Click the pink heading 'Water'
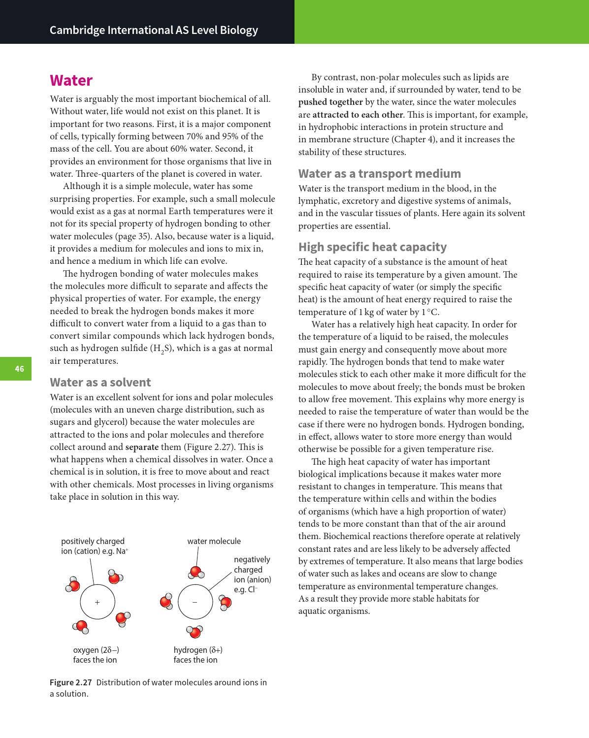pyautogui.click(x=71, y=80)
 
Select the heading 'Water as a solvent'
pyautogui.click(x=100, y=382)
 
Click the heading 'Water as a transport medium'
pyautogui.click(x=379, y=173)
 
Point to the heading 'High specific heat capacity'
pyautogui.click(x=372, y=247)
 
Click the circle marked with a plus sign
pyautogui.click(x=98, y=602)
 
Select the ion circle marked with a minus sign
pyautogui.click(x=195, y=602)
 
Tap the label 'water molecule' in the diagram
pyautogui.click(x=214, y=541)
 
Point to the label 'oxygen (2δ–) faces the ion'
pyautogui.click(x=96, y=655)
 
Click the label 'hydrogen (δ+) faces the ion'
pyautogui.click(x=197, y=655)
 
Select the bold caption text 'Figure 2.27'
pyautogui.click(x=70, y=682)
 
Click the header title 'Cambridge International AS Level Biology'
pyautogui.click(x=154, y=30)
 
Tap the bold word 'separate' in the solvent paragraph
pyautogui.click(x=142, y=447)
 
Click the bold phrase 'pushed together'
pyautogui.click(x=330, y=102)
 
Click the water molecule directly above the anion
pyautogui.click(x=196, y=572)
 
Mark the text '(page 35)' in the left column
pyautogui.click(x=129, y=236)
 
